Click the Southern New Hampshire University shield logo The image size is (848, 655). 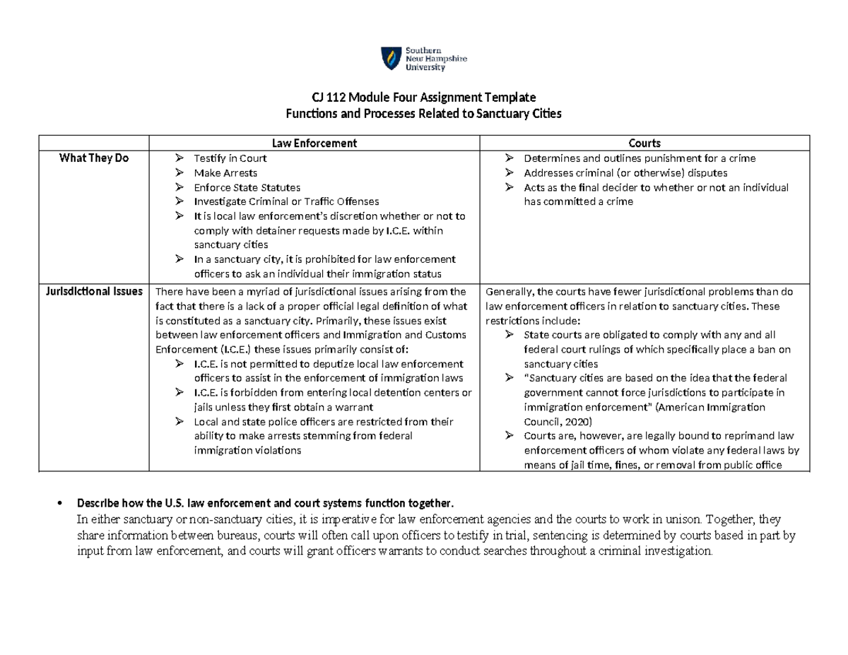pyautogui.click(x=389, y=59)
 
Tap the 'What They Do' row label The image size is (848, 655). pyautogui.click(x=95, y=158)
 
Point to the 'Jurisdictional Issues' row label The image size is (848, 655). pyautogui.click(x=95, y=291)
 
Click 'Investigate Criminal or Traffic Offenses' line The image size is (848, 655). pyautogui.click(x=286, y=201)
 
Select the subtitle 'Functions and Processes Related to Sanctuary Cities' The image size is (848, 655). pyautogui.click(x=423, y=113)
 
